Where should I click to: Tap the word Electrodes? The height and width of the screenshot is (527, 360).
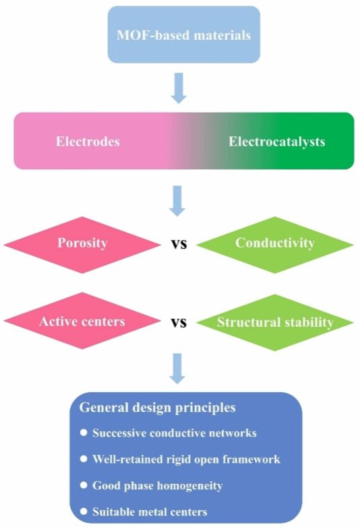click(x=88, y=142)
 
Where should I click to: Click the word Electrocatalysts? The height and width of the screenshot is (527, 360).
click(x=277, y=142)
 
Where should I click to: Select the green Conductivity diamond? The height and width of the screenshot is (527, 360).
click(x=274, y=243)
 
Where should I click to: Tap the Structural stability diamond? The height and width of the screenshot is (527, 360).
click(x=275, y=322)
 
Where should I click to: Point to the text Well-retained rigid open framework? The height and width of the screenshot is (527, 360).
click(x=186, y=459)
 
